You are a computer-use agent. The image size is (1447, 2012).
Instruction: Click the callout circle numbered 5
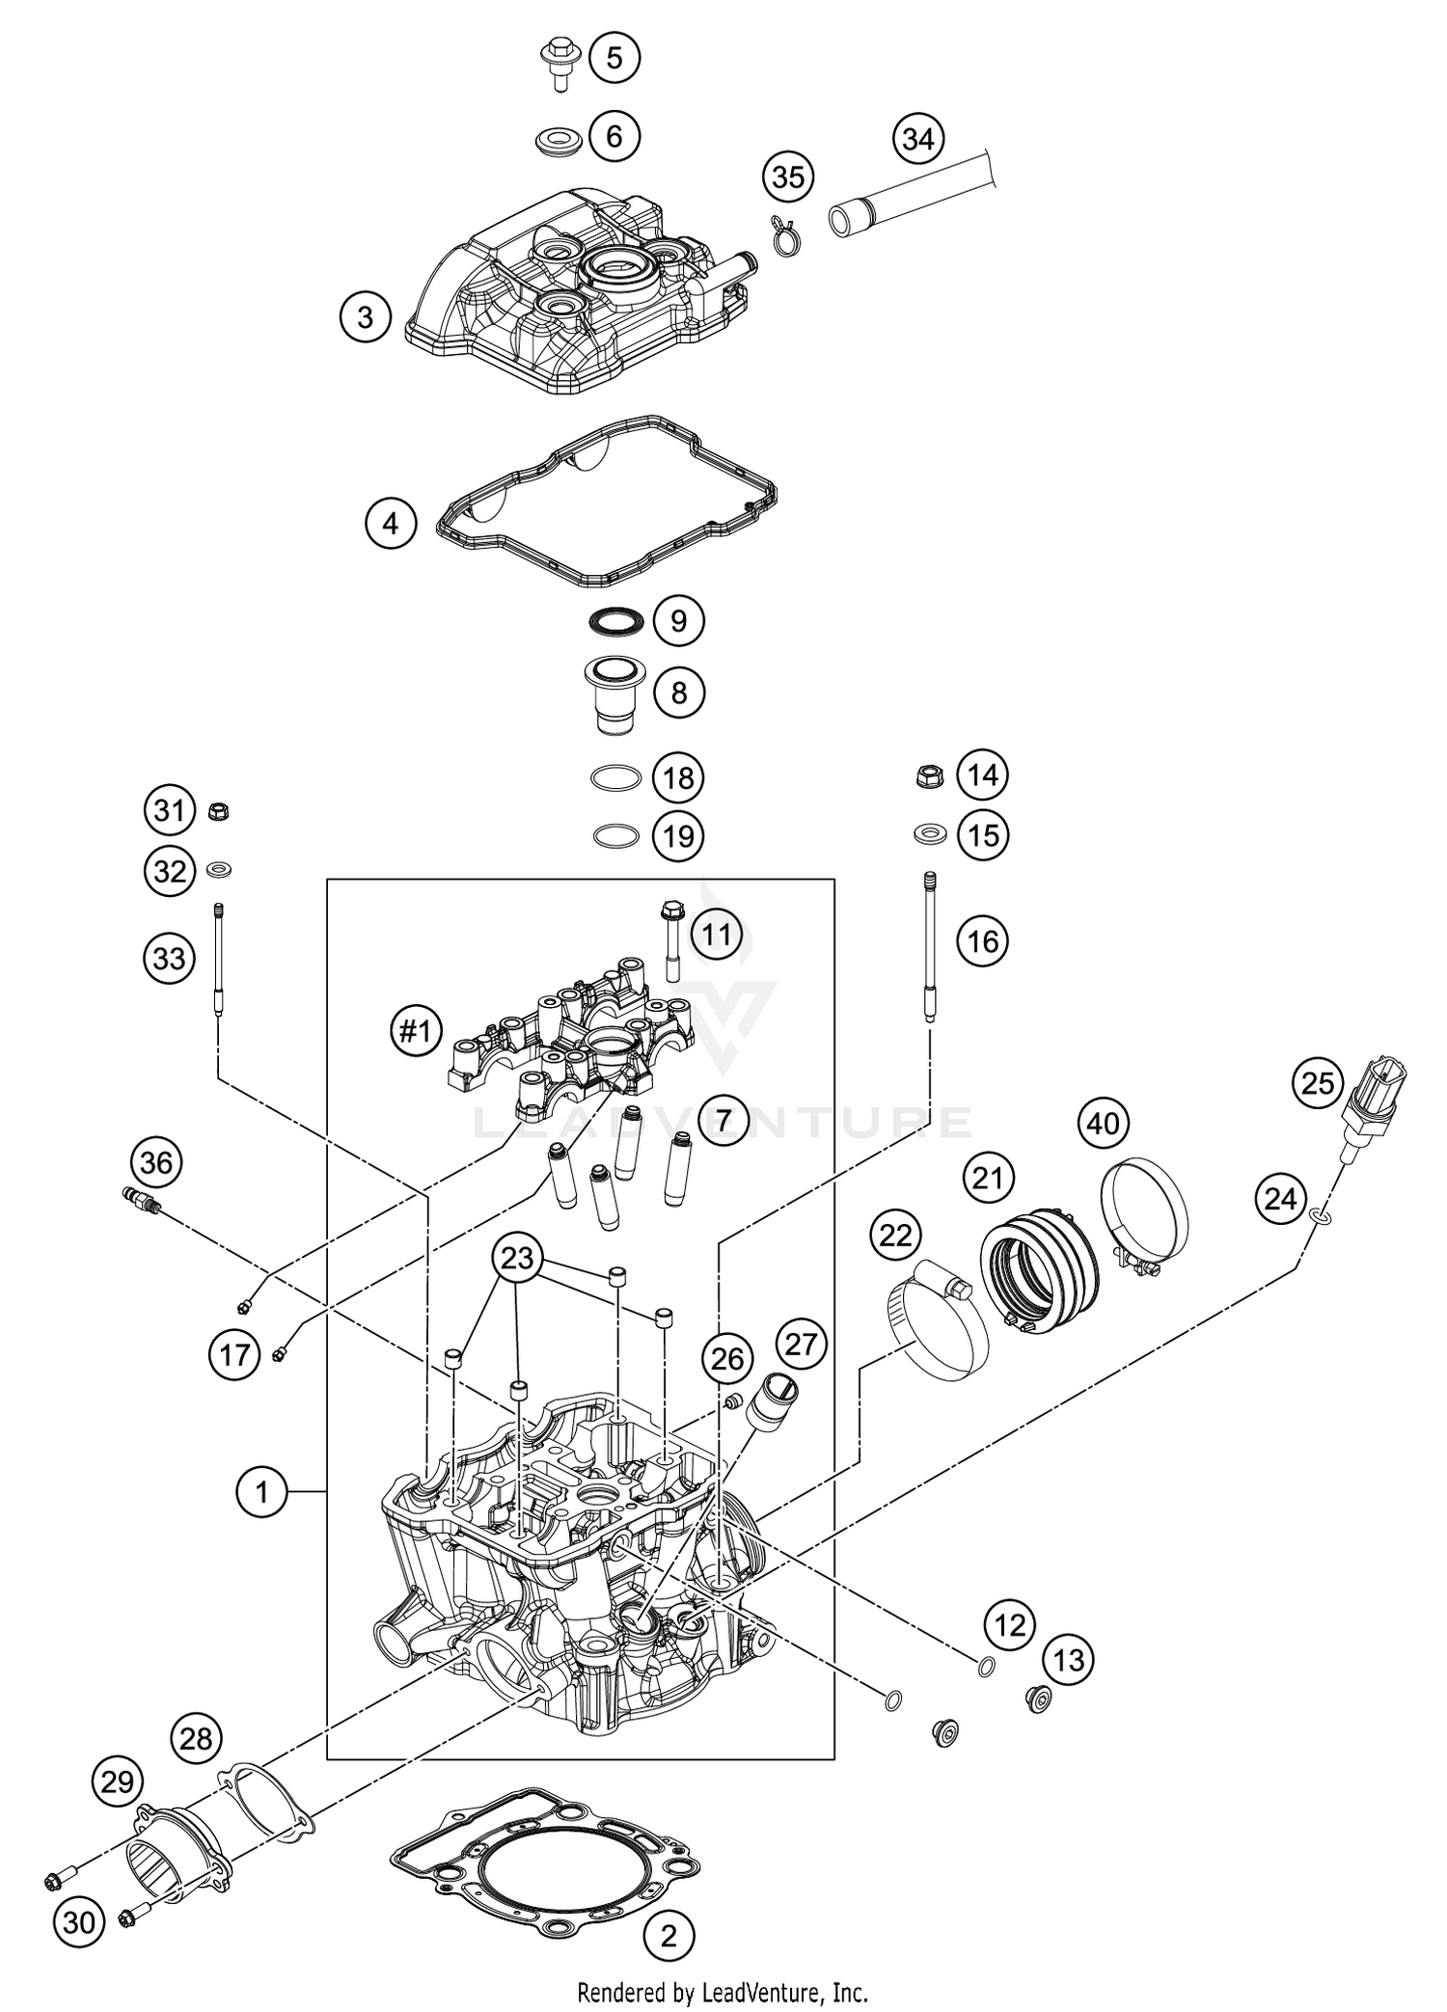point(614,58)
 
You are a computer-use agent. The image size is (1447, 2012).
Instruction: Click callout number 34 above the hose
point(917,139)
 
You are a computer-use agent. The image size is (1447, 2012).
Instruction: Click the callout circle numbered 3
point(365,316)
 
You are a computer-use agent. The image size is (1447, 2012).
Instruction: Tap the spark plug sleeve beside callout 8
point(614,695)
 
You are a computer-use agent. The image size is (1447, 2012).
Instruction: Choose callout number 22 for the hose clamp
point(895,1235)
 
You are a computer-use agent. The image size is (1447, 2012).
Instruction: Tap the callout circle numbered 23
point(517,1258)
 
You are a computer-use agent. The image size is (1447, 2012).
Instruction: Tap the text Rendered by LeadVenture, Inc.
point(723,1991)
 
